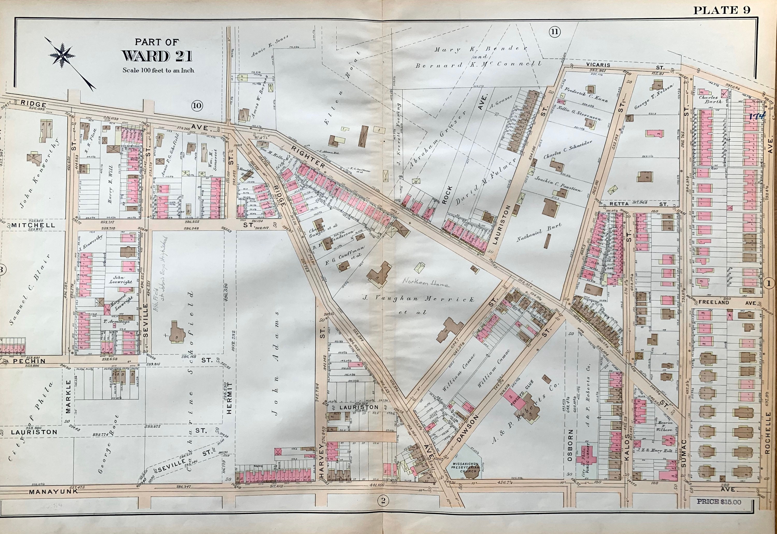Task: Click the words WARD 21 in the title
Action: click(x=157, y=56)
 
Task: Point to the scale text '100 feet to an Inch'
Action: click(x=158, y=70)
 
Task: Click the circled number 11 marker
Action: click(x=554, y=32)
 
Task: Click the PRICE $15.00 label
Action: click(x=719, y=502)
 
